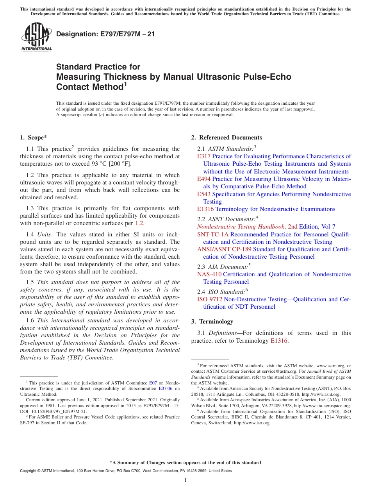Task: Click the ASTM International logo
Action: (x=36, y=37)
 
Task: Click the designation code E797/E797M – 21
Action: (x=105, y=34)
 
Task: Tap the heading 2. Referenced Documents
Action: (x=227, y=138)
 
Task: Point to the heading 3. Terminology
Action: (x=212, y=322)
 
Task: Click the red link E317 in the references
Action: (x=204, y=156)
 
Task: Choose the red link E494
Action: (x=204, y=179)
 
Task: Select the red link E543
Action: (x=204, y=194)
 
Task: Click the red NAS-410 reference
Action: (x=209, y=274)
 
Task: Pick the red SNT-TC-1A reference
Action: (x=213, y=234)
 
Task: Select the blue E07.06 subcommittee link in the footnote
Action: (x=165, y=389)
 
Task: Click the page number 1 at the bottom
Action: (x=185, y=480)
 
